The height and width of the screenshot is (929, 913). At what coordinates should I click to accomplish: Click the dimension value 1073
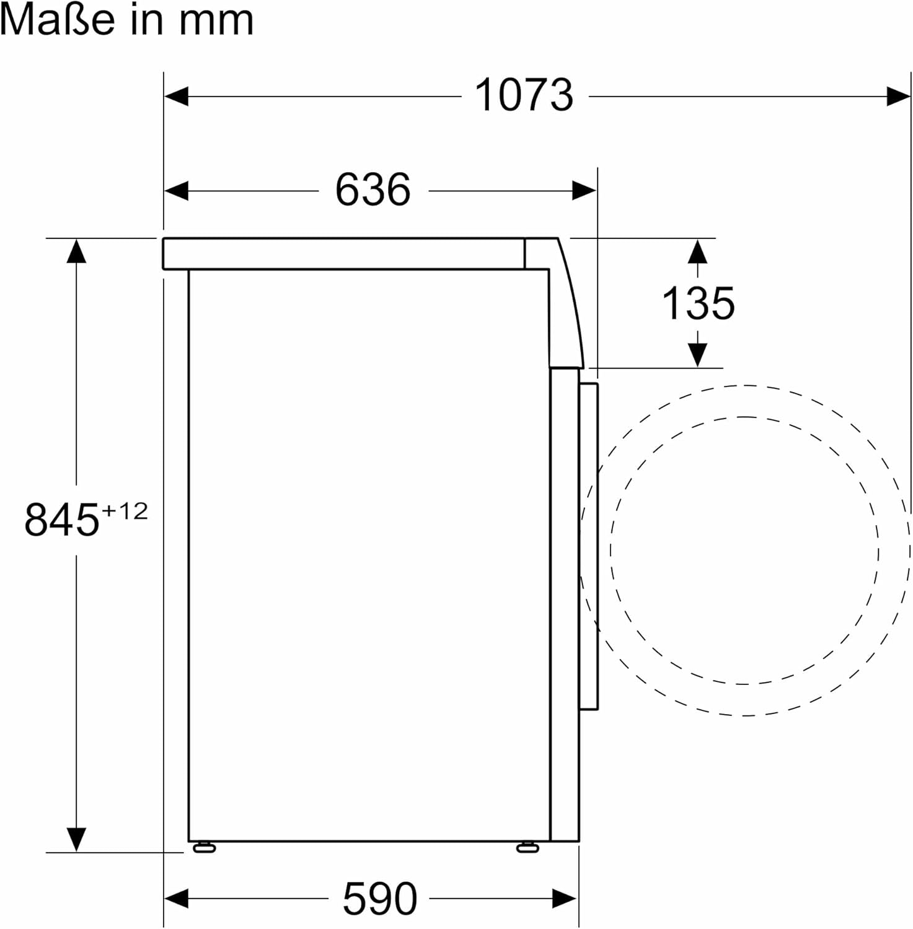[x=524, y=96]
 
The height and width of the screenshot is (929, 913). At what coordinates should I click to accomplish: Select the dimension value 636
[x=373, y=190]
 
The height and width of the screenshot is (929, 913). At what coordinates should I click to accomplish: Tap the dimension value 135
[x=698, y=303]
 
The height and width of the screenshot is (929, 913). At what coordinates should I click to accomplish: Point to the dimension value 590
[x=379, y=899]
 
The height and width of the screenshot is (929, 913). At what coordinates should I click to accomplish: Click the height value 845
[x=62, y=520]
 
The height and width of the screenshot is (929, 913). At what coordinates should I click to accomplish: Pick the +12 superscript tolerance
[x=125, y=512]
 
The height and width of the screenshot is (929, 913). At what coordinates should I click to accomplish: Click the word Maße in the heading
[x=58, y=20]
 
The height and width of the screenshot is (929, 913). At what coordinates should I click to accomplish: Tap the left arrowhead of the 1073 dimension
[x=176, y=97]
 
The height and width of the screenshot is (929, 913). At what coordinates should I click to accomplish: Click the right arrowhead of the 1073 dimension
[x=899, y=97]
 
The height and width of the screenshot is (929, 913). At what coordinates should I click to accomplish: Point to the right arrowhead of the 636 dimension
[x=584, y=191]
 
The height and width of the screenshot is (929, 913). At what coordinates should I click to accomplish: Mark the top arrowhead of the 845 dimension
[x=76, y=251]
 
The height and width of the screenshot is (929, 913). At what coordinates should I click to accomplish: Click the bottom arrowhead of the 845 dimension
[x=76, y=840]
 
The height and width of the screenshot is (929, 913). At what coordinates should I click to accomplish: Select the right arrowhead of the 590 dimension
[x=565, y=898]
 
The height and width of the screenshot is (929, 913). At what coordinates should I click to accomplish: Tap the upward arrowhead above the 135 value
[x=698, y=251]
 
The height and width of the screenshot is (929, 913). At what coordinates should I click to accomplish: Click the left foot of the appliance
[x=204, y=848]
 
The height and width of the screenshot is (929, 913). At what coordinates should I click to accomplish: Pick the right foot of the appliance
[x=527, y=848]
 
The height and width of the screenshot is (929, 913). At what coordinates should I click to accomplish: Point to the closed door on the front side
[x=588, y=545]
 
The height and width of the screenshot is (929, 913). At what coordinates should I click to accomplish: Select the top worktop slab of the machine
[x=344, y=254]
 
